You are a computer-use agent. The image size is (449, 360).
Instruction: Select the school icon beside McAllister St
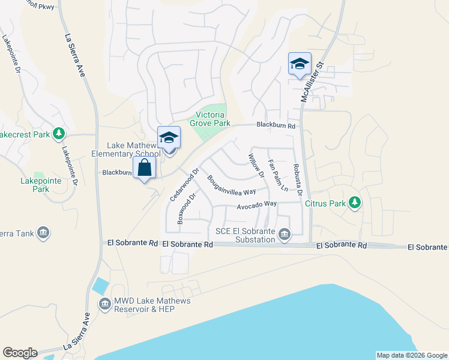click(299, 65)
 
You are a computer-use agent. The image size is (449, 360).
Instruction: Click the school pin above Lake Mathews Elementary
click(169, 137)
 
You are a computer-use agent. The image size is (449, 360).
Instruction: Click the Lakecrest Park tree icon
click(59, 134)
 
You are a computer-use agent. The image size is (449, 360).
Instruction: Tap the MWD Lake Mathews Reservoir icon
click(104, 304)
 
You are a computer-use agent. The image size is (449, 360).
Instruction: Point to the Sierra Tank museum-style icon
click(43, 233)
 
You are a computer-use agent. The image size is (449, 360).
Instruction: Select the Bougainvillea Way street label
click(231, 185)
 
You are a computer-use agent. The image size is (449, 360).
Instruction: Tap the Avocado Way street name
click(256, 204)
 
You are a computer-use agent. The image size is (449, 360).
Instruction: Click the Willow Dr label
click(256, 166)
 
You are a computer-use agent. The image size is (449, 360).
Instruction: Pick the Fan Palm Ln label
click(277, 176)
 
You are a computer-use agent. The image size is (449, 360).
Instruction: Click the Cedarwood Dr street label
click(184, 185)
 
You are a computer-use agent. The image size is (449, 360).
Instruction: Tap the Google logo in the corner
click(20, 353)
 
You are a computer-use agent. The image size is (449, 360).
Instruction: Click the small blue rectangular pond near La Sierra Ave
click(101, 286)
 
